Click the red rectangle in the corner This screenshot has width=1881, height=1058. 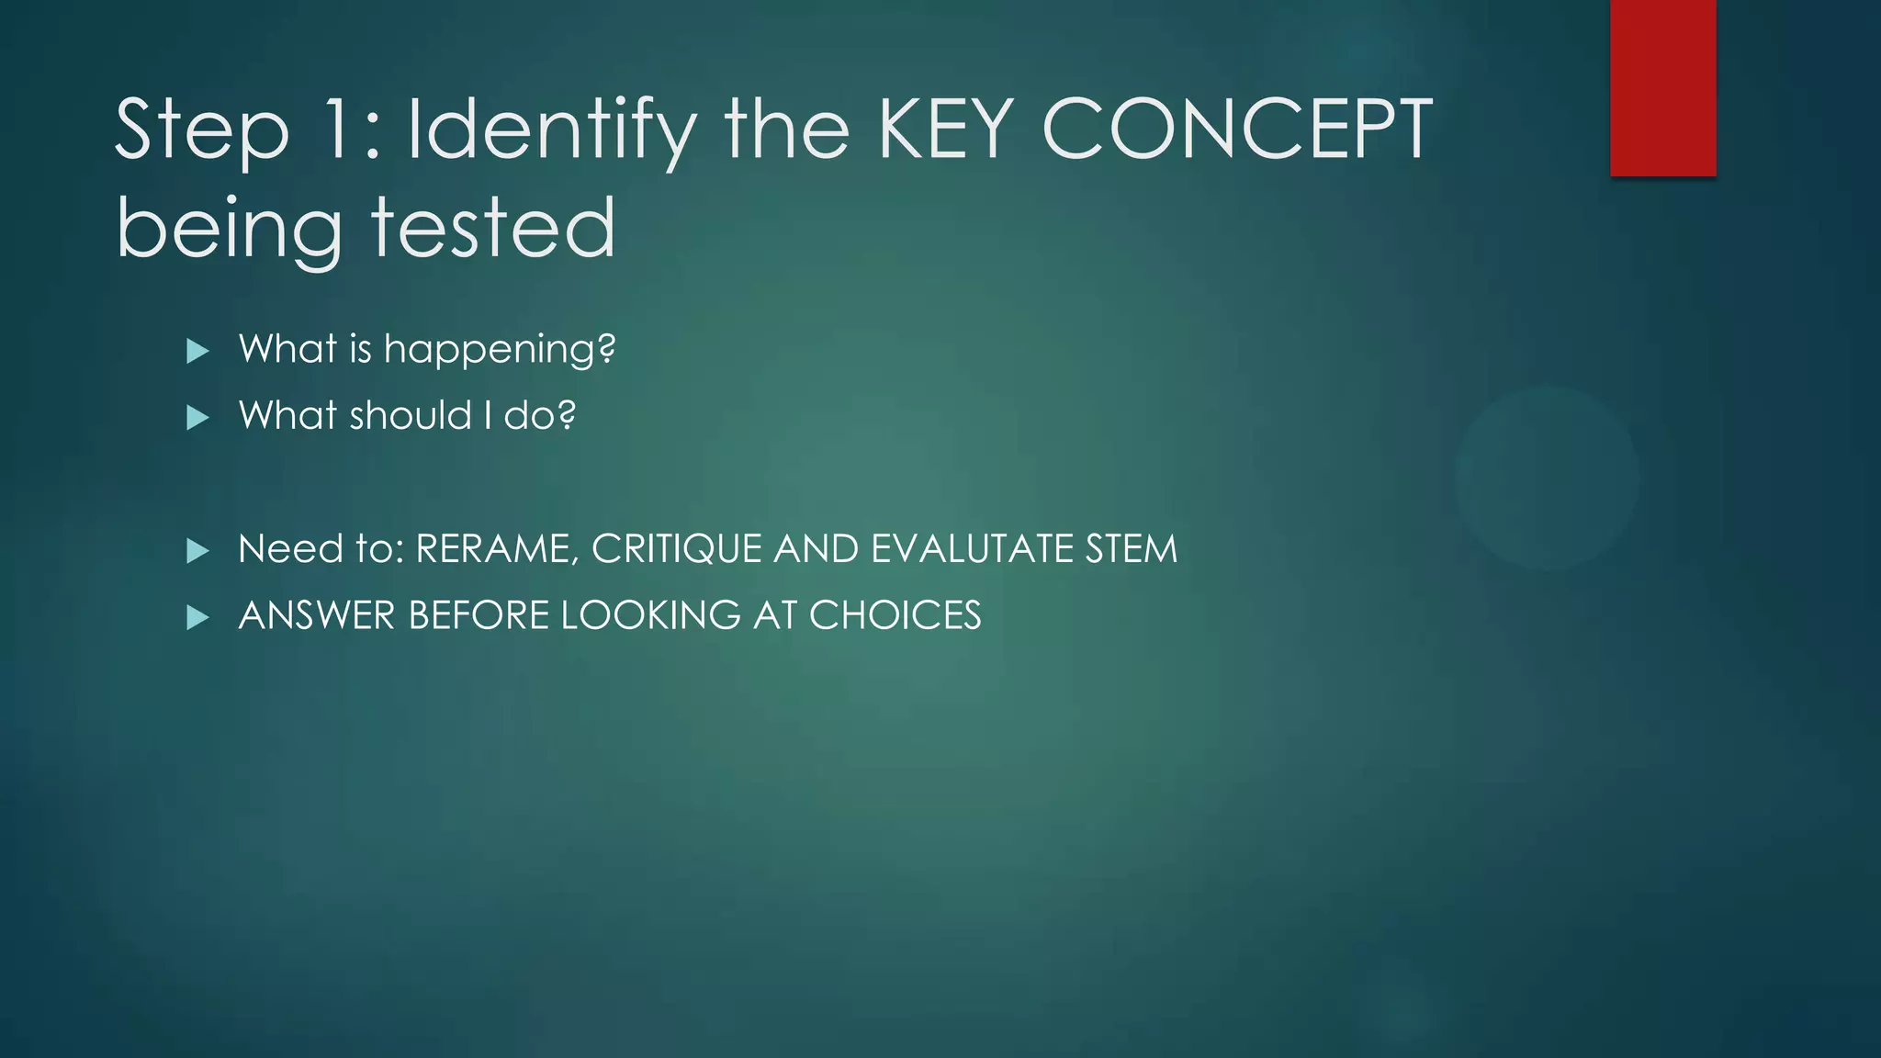(x=1662, y=87)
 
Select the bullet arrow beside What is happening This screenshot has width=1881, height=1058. (x=197, y=351)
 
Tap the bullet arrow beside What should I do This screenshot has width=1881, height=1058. (x=197, y=418)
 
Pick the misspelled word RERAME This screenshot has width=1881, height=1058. (x=496, y=549)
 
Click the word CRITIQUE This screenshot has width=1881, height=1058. (x=677, y=549)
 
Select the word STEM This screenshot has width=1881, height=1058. (x=1131, y=549)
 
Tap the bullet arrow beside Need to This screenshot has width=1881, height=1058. (x=197, y=551)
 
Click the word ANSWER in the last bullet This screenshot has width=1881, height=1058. (x=316, y=615)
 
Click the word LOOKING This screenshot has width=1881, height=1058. (x=650, y=615)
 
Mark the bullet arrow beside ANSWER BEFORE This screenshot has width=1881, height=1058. (x=197, y=618)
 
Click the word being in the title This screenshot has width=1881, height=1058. (x=230, y=229)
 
